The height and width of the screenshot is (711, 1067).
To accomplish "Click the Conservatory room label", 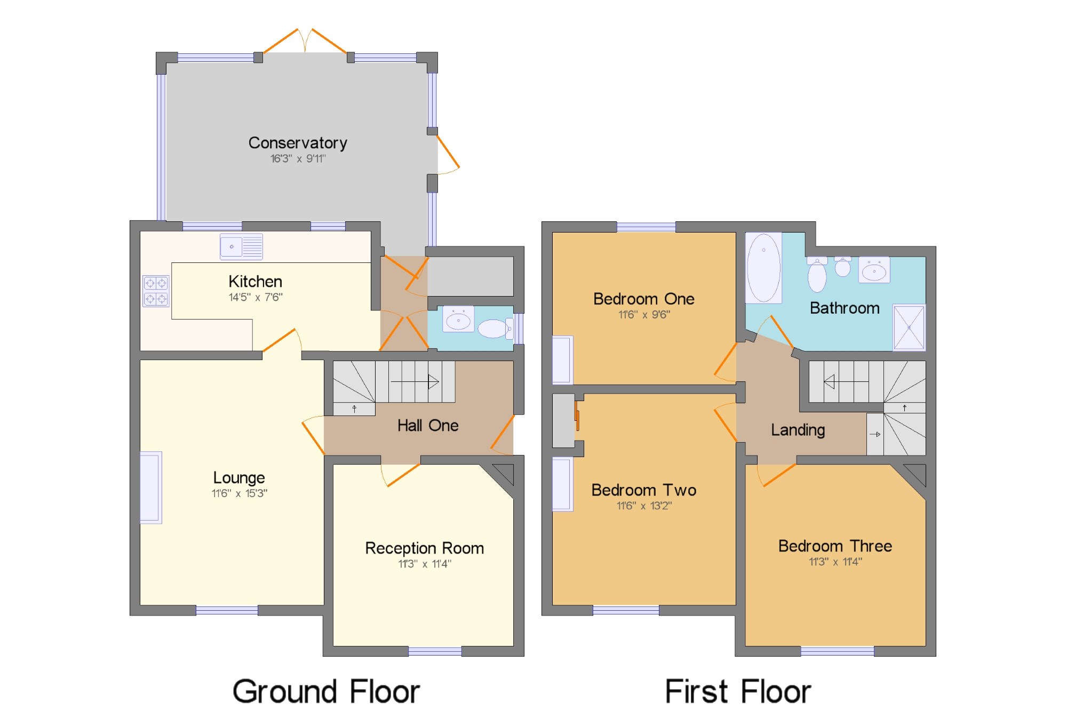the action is coord(298,143).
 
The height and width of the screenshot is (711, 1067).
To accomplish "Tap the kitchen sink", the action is coord(241,247).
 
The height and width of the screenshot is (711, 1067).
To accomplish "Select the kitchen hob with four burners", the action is coord(156,291).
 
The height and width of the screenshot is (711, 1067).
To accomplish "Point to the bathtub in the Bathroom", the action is coord(763,267).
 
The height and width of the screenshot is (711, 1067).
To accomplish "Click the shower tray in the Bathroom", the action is coord(909,327).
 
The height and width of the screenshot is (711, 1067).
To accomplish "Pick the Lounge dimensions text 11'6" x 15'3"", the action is coord(240,493).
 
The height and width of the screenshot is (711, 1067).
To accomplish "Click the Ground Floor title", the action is coord(327,691).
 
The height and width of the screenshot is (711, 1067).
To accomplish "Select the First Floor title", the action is coord(738,691).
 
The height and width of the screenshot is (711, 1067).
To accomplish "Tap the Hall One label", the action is coord(428,425).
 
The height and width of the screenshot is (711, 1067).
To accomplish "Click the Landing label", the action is coord(798,430).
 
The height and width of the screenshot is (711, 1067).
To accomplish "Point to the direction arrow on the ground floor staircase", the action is coord(415,382).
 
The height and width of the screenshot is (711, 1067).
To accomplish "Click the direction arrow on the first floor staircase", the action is coord(847,382).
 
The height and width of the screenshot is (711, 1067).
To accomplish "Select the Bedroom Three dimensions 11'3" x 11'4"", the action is coord(835,562).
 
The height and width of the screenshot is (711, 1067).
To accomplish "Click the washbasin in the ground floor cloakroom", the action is coord(458,319).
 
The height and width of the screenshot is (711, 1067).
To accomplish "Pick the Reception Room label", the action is coord(425,548).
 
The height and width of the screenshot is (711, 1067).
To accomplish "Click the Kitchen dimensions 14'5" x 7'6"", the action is coord(256,297).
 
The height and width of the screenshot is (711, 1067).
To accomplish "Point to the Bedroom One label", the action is coord(644,299).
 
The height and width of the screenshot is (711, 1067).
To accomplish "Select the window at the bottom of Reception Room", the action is coord(435,651).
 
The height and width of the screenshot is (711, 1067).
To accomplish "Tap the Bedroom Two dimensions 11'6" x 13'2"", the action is coord(644,506).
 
